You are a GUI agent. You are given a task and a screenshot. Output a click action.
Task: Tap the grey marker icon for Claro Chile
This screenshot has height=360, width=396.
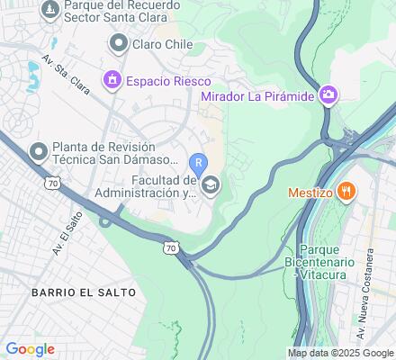(x=118, y=43)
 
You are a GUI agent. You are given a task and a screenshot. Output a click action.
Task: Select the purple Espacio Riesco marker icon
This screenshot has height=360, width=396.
(x=113, y=80)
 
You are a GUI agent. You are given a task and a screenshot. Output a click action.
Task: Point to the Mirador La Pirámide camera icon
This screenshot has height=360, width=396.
(x=329, y=94)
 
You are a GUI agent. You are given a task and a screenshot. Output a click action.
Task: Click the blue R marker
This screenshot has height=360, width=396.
(x=199, y=164)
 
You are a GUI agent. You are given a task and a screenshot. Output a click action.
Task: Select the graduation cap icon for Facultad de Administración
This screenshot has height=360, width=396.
(x=210, y=185)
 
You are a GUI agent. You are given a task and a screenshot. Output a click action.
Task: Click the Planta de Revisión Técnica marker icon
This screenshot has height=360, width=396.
(x=39, y=151)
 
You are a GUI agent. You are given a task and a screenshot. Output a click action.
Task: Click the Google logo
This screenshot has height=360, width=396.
(x=30, y=349)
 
